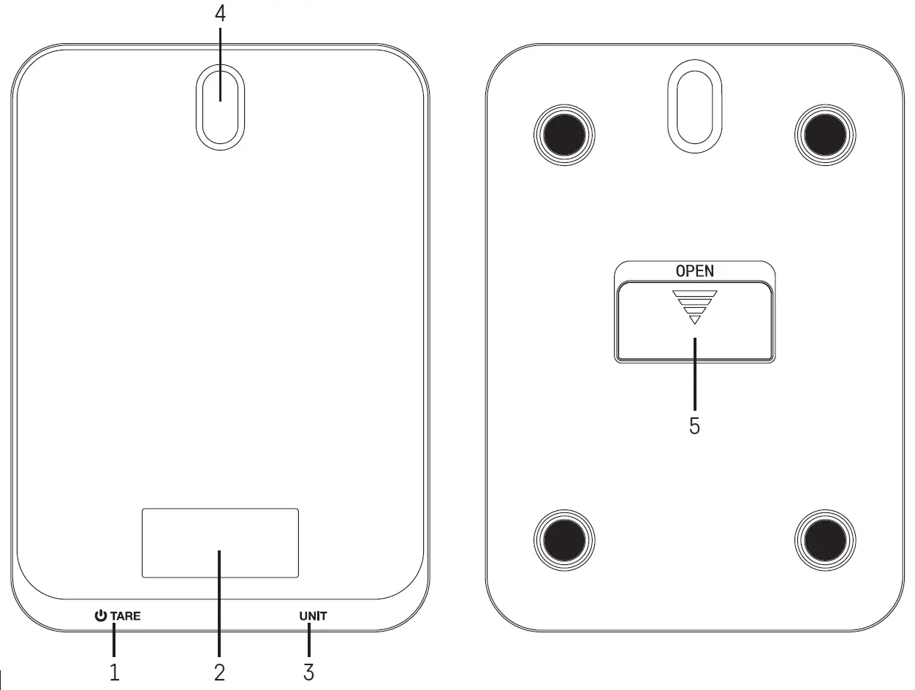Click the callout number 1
click(x=114, y=672)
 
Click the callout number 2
click(x=219, y=672)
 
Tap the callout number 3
click(x=308, y=672)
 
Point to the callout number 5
click(x=694, y=426)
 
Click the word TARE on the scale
click(x=126, y=616)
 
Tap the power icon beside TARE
click(x=101, y=616)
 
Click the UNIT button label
click(x=313, y=616)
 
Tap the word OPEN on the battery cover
click(x=694, y=271)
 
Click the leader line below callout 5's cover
click(x=694, y=373)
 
